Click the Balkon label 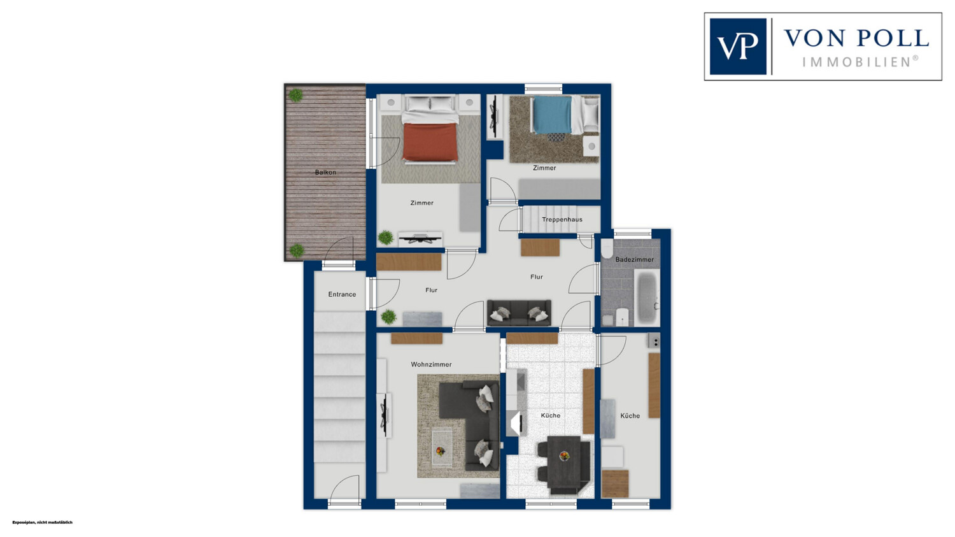click(325, 173)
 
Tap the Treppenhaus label click(562, 220)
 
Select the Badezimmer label click(634, 259)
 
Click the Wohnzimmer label click(431, 364)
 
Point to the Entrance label click(342, 294)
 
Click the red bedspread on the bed click(430, 142)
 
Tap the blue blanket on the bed click(552, 115)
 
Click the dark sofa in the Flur click(519, 313)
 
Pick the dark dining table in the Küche click(563, 464)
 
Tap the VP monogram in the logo click(738, 47)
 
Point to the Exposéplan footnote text click(42, 522)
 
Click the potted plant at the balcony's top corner click(295, 95)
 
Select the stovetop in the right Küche click(654, 341)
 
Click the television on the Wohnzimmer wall click(386, 415)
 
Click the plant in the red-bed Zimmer click(386, 238)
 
